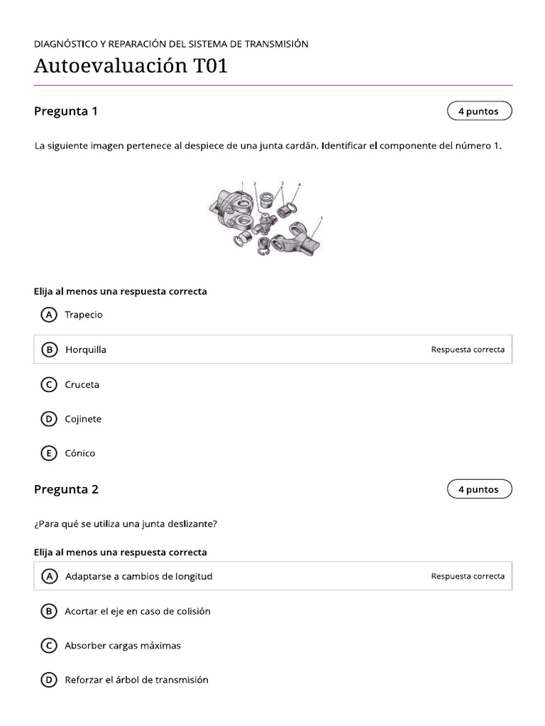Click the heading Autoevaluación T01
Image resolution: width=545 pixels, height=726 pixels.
[x=131, y=67]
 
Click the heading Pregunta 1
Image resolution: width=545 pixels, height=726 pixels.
[x=66, y=111]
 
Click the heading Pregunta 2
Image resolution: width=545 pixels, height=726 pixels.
[x=66, y=489]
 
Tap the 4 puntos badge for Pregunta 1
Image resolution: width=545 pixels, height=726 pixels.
[x=479, y=111]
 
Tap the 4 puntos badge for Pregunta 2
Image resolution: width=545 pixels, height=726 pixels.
[x=479, y=489]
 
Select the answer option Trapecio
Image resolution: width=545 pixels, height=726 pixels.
[x=84, y=315]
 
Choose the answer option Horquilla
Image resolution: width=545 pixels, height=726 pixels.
[x=86, y=350]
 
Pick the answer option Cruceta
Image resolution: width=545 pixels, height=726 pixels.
[x=82, y=384]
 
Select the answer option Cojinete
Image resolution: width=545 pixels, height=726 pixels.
[x=83, y=419]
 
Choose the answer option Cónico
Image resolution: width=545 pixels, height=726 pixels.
[x=79, y=453]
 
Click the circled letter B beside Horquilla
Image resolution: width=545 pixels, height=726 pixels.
[x=49, y=350]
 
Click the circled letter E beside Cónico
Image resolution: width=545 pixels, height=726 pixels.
[x=49, y=453]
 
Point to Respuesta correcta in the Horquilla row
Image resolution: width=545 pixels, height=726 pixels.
[x=468, y=350]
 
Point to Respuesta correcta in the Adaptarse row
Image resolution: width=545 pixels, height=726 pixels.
[x=468, y=576]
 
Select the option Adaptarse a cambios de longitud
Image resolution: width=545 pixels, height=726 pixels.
[x=138, y=576]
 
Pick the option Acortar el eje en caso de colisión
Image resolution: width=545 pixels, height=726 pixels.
[x=138, y=611]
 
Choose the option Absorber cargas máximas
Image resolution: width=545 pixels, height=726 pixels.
[x=123, y=646]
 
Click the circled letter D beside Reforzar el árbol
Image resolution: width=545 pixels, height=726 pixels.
[x=49, y=680]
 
